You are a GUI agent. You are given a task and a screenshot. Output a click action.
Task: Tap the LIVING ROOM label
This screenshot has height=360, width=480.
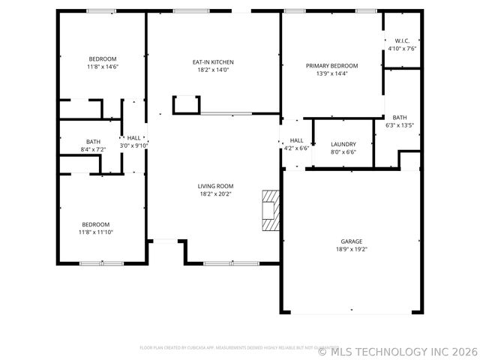pyautogui.click(x=215, y=186)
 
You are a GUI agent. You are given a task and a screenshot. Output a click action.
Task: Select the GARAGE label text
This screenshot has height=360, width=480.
pyautogui.click(x=351, y=241)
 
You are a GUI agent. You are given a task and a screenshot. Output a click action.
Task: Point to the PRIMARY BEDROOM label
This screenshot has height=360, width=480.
pyautogui.click(x=331, y=66)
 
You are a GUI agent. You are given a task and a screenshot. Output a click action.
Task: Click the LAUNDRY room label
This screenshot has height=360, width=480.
pyautogui.click(x=343, y=144)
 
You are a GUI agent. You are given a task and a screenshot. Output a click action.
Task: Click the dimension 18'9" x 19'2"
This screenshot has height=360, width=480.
pyautogui.click(x=351, y=249)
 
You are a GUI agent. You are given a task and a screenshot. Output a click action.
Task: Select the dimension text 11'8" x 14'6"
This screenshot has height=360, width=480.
pyautogui.click(x=103, y=67)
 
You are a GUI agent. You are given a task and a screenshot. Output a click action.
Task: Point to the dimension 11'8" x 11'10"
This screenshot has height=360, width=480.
pyautogui.click(x=96, y=232)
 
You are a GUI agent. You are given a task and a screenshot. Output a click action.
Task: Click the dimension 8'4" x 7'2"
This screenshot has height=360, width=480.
pyautogui.click(x=93, y=149)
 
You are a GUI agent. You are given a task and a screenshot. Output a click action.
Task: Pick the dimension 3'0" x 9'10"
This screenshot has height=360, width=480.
pyautogui.click(x=133, y=145)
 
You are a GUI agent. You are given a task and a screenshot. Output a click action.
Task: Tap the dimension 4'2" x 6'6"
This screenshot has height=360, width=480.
pyautogui.click(x=296, y=148)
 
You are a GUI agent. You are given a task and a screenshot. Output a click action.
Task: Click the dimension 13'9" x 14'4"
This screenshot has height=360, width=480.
pyautogui.click(x=331, y=73)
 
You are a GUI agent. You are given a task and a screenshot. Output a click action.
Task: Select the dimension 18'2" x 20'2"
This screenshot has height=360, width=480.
pyautogui.click(x=215, y=193)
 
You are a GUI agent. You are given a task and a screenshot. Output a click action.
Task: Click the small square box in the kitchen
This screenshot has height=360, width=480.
pyautogui.click(x=186, y=104)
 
